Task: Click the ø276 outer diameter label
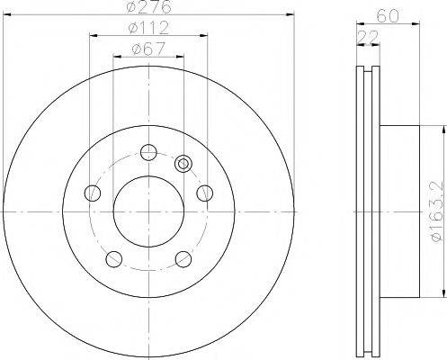(x=147, y=8)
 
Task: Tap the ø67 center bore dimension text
(x=147, y=48)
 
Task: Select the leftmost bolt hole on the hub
(x=92, y=192)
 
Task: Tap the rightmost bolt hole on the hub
(x=204, y=192)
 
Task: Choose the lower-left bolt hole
(x=113, y=259)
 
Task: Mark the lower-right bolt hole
(x=183, y=259)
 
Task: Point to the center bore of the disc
(x=148, y=211)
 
